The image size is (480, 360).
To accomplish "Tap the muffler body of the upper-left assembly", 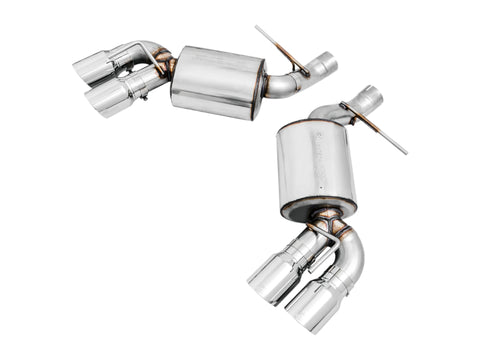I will click(x=213, y=77).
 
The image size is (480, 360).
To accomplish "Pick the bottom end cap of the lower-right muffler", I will click(x=318, y=208).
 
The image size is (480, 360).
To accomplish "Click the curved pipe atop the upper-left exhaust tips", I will click(x=135, y=50).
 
